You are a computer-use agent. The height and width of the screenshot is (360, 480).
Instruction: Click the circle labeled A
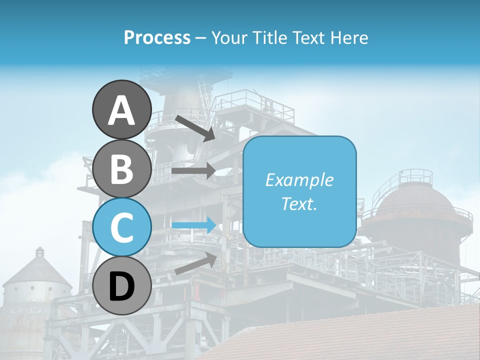click(x=121, y=109)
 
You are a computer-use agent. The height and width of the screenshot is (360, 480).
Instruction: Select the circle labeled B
click(x=121, y=168)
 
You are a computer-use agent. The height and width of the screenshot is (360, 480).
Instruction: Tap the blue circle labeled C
click(x=121, y=227)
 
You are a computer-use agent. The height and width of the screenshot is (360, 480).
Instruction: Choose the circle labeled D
click(x=121, y=285)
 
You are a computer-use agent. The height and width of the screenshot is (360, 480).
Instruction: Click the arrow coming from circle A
click(x=195, y=128)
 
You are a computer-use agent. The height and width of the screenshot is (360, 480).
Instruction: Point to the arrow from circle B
click(x=193, y=170)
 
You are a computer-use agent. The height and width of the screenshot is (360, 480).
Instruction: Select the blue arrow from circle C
click(x=193, y=225)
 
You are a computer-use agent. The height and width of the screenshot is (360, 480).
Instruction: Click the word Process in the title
click(x=157, y=37)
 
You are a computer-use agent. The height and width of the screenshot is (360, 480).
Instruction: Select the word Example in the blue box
click(x=299, y=180)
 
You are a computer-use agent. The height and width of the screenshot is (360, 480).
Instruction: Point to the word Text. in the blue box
click(x=299, y=204)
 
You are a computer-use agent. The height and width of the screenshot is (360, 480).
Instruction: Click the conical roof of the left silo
click(x=38, y=267)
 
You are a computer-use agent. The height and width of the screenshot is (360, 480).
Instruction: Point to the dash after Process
click(x=200, y=38)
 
